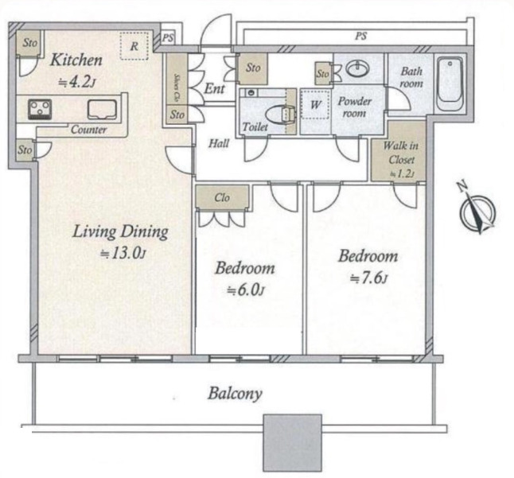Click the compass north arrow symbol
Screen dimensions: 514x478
pos(478,212)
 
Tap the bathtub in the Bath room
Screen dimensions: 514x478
pos(450,84)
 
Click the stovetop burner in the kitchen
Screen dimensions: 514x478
pos(40,109)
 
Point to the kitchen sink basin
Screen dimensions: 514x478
pos(102,110)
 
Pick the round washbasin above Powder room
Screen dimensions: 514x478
pos(358,68)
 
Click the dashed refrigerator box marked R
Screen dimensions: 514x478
pos(134,46)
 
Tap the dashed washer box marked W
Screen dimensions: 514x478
pos(315,104)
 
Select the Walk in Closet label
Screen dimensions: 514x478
pos(401,153)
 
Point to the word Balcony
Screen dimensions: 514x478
pos(235,394)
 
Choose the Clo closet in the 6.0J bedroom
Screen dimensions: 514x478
pos(222,197)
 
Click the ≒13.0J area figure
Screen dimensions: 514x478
pos(123,253)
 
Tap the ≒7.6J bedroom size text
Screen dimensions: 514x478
pos(368,278)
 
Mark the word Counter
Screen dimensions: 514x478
pos(88,130)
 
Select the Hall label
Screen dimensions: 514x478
pos(219,143)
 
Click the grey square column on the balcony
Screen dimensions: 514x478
pos(293,443)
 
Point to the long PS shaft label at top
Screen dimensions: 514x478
pos(360,36)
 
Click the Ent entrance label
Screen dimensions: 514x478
pos(214,88)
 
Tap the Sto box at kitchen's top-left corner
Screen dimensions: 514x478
pos(29,43)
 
